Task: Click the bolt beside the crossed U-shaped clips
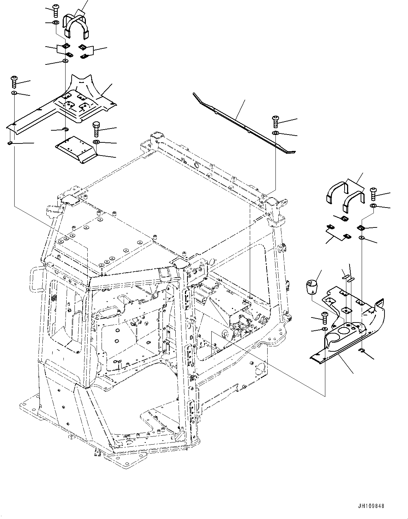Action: point(56,11)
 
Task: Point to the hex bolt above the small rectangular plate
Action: point(97,129)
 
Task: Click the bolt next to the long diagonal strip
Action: point(276,122)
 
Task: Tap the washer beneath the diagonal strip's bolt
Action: point(276,133)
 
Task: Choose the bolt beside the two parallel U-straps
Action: point(373,194)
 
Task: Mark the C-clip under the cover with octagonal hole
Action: point(362,352)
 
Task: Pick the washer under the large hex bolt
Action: point(96,142)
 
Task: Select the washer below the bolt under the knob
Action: point(325,329)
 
